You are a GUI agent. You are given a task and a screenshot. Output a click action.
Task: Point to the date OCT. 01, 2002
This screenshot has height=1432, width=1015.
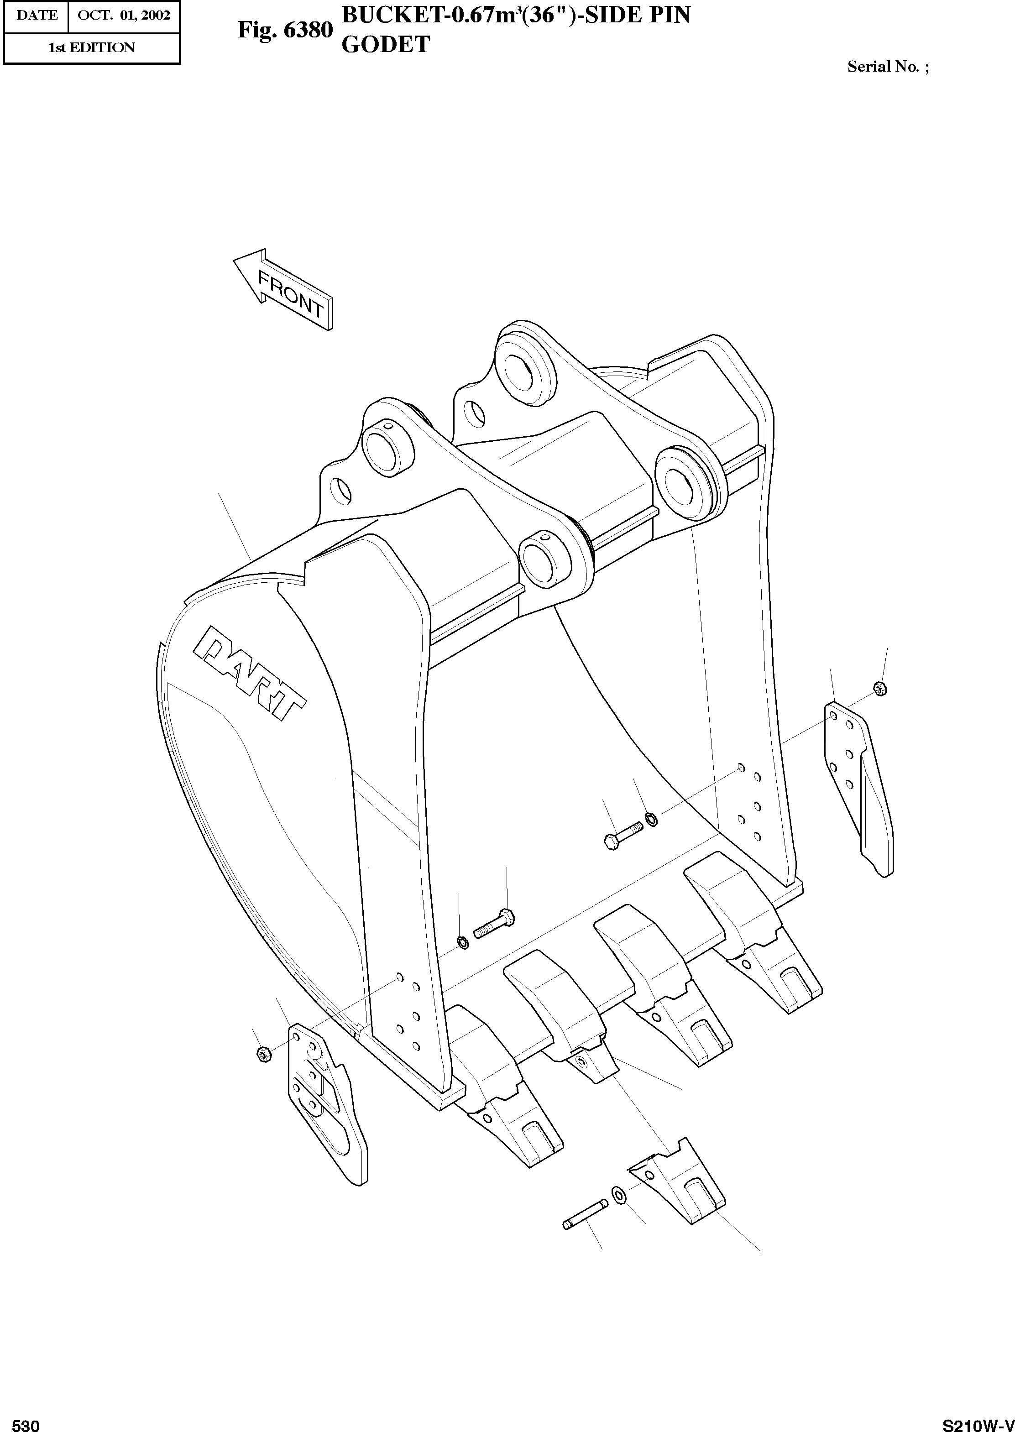coord(124,15)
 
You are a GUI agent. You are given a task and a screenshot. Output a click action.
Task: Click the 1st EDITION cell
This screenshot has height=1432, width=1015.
coord(91,47)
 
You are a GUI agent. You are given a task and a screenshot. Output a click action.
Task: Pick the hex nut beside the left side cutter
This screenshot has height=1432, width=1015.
coord(263,1055)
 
